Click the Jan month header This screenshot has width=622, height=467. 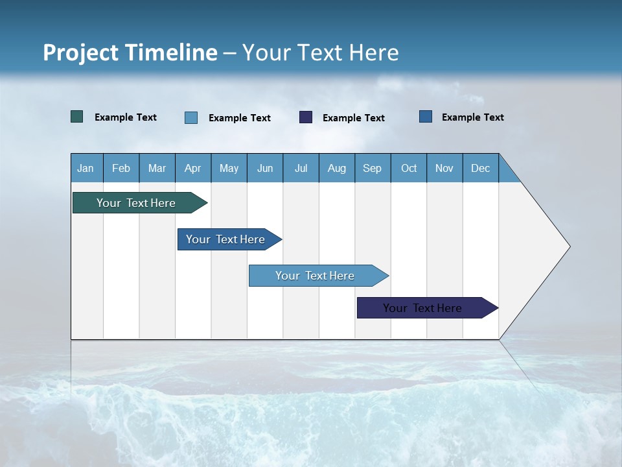[86, 168]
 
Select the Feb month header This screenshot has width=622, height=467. [121, 168]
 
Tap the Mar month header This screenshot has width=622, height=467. [157, 168]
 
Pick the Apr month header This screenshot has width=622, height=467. [193, 168]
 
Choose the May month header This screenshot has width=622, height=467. [229, 168]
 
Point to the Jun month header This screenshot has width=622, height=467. [265, 168]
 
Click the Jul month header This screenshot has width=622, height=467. [301, 168]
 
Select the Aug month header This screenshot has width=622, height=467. [337, 168]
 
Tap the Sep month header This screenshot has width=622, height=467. [373, 168]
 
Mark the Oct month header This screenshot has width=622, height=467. [409, 168]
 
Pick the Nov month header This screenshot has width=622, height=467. [444, 168]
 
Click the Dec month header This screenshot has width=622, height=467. [481, 168]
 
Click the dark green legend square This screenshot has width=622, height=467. [77, 117]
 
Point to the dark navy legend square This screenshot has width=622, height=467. [306, 117]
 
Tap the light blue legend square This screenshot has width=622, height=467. [191, 117]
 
